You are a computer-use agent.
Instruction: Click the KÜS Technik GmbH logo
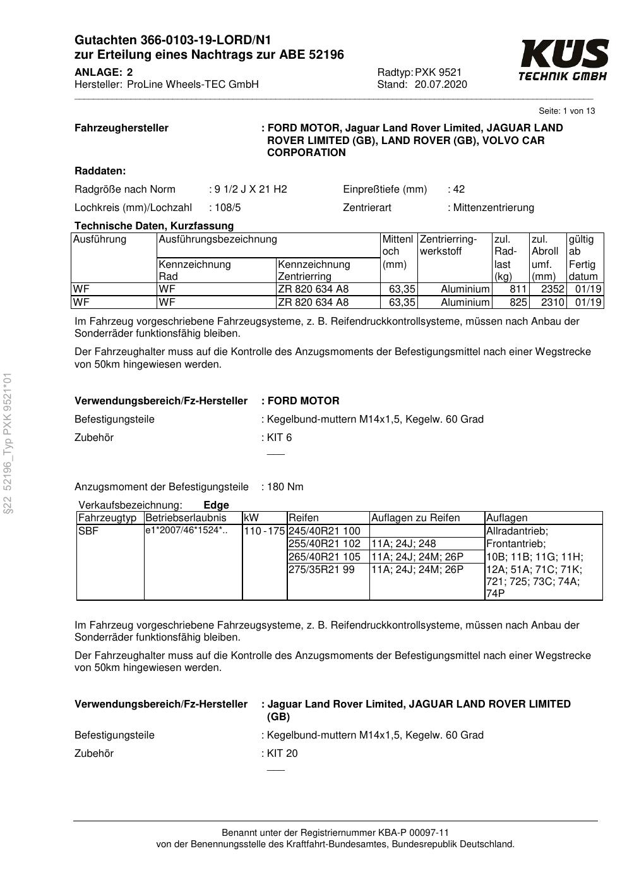[x=563, y=60]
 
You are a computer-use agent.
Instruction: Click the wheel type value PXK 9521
[x=438, y=73]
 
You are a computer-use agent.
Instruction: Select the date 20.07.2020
[x=441, y=85]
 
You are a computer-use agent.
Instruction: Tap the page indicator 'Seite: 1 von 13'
[x=566, y=111]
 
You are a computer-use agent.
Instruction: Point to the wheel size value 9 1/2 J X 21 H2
[x=251, y=190]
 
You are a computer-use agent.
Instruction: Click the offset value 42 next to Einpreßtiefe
[x=459, y=190]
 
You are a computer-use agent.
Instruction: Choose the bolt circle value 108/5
[x=228, y=208]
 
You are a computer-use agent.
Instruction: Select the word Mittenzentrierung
[x=493, y=208]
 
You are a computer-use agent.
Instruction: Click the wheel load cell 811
[x=518, y=289]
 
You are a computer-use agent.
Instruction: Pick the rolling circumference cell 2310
[x=552, y=303]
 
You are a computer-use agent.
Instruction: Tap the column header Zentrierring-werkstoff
[x=448, y=245]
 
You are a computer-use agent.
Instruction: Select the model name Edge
[x=216, y=505]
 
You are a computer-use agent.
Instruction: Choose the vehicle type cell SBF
[x=88, y=531]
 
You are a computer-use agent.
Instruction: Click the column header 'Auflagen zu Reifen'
[x=415, y=518]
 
